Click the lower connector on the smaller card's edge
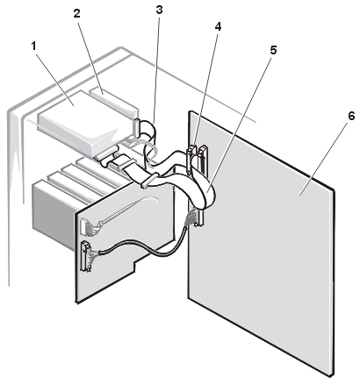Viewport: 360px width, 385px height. click(86, 260)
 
